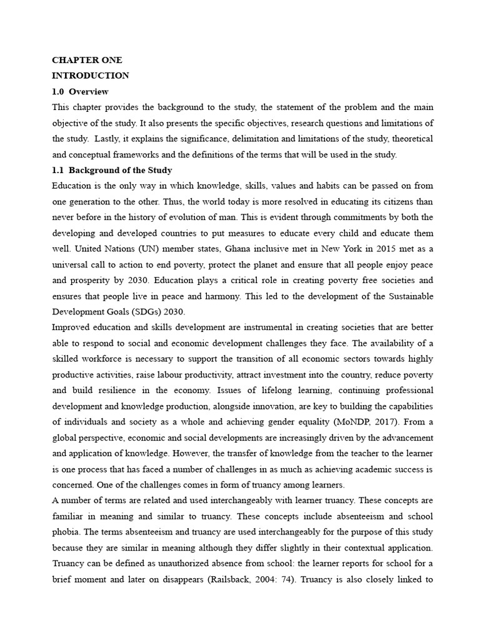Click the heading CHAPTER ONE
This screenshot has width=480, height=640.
(87, 61)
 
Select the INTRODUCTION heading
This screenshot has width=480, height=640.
(91, 76)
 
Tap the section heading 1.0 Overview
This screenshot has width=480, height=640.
(80, 91)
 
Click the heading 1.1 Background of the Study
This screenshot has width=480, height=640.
(112, 170)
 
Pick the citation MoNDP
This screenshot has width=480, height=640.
(351, 422)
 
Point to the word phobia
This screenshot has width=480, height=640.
(66, 532)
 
